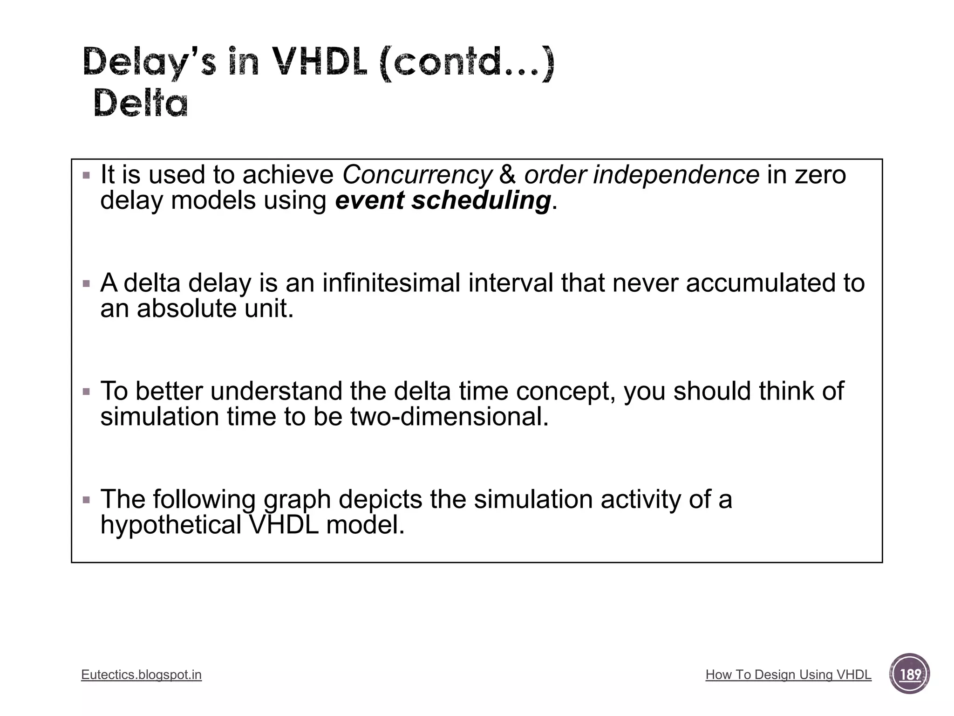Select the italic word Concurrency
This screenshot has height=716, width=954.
[x=417, y=175]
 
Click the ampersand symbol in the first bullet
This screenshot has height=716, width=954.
[x=507, y=175]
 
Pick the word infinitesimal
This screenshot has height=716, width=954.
[x=391, y=283]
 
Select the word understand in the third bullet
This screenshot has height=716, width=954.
[x=276, y=391]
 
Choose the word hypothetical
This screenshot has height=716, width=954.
[x=170, y=525]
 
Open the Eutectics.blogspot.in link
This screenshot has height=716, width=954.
[x=141, y=675]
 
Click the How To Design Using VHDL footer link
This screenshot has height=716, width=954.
[x=788, y=675]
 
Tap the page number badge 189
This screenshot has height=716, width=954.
[x=909, y=674]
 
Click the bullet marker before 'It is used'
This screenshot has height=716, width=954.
[x=86, y=176]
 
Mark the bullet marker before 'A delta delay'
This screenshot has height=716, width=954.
[x=86, y=283]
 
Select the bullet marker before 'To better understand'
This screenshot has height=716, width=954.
[x=86, y=392]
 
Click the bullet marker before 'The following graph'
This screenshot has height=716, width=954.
[x=86, y=500]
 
